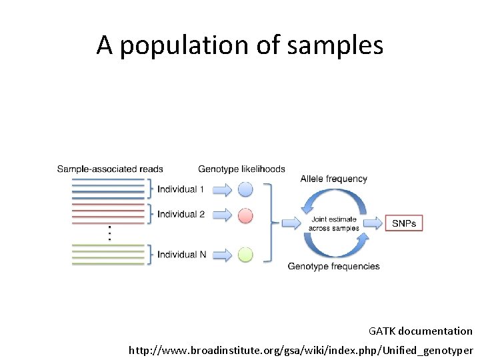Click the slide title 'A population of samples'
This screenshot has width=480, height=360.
[x=240, y=45]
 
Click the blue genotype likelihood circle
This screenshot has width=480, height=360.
[x=245, y=189]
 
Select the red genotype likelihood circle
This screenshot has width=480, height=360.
[x=245, y=215]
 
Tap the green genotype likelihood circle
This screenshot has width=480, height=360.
[x=245, y=255]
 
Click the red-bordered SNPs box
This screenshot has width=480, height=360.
[x=404, y=223]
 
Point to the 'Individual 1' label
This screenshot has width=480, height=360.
[x=181, y=189]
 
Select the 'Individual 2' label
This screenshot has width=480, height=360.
[x=181, y=215]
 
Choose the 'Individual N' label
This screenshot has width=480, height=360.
[x=181, y=255]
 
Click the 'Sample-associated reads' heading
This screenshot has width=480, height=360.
[x=110, y=169]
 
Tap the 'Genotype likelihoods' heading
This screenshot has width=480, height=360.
[x=241, y=169]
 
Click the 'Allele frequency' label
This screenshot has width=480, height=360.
[x=333, y=179]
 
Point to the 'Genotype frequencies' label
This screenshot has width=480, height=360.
[x=333, y=267]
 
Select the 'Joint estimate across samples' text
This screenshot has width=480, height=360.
[x=333, y=223]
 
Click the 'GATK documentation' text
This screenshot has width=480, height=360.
[x=420, y=331]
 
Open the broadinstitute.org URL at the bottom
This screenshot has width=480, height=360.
[x=301, y=350]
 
